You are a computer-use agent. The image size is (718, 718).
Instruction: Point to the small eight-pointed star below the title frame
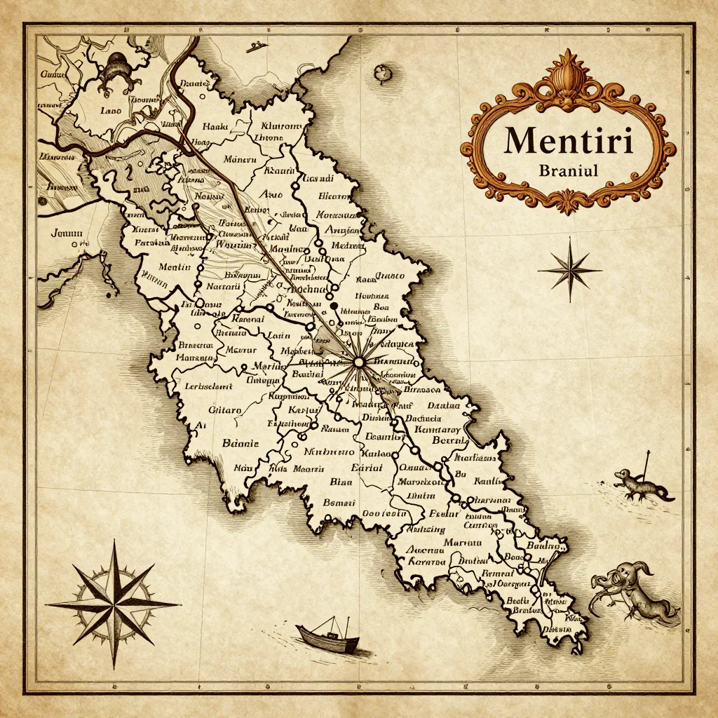[x=569, y=270]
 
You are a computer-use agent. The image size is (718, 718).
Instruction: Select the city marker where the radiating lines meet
[x=358, y=362]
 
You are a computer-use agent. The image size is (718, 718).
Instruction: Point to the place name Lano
[x=111, y=110]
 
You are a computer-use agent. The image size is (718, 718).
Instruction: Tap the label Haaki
[x=211, y=127]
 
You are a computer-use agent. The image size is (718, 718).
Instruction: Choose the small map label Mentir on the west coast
[x=175, y=267]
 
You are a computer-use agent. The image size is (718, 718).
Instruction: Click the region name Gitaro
[x=225, y=409]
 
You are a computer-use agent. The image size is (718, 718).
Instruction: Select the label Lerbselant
[x=207, y=385]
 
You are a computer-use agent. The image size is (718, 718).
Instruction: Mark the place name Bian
[x=341, y=482]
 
